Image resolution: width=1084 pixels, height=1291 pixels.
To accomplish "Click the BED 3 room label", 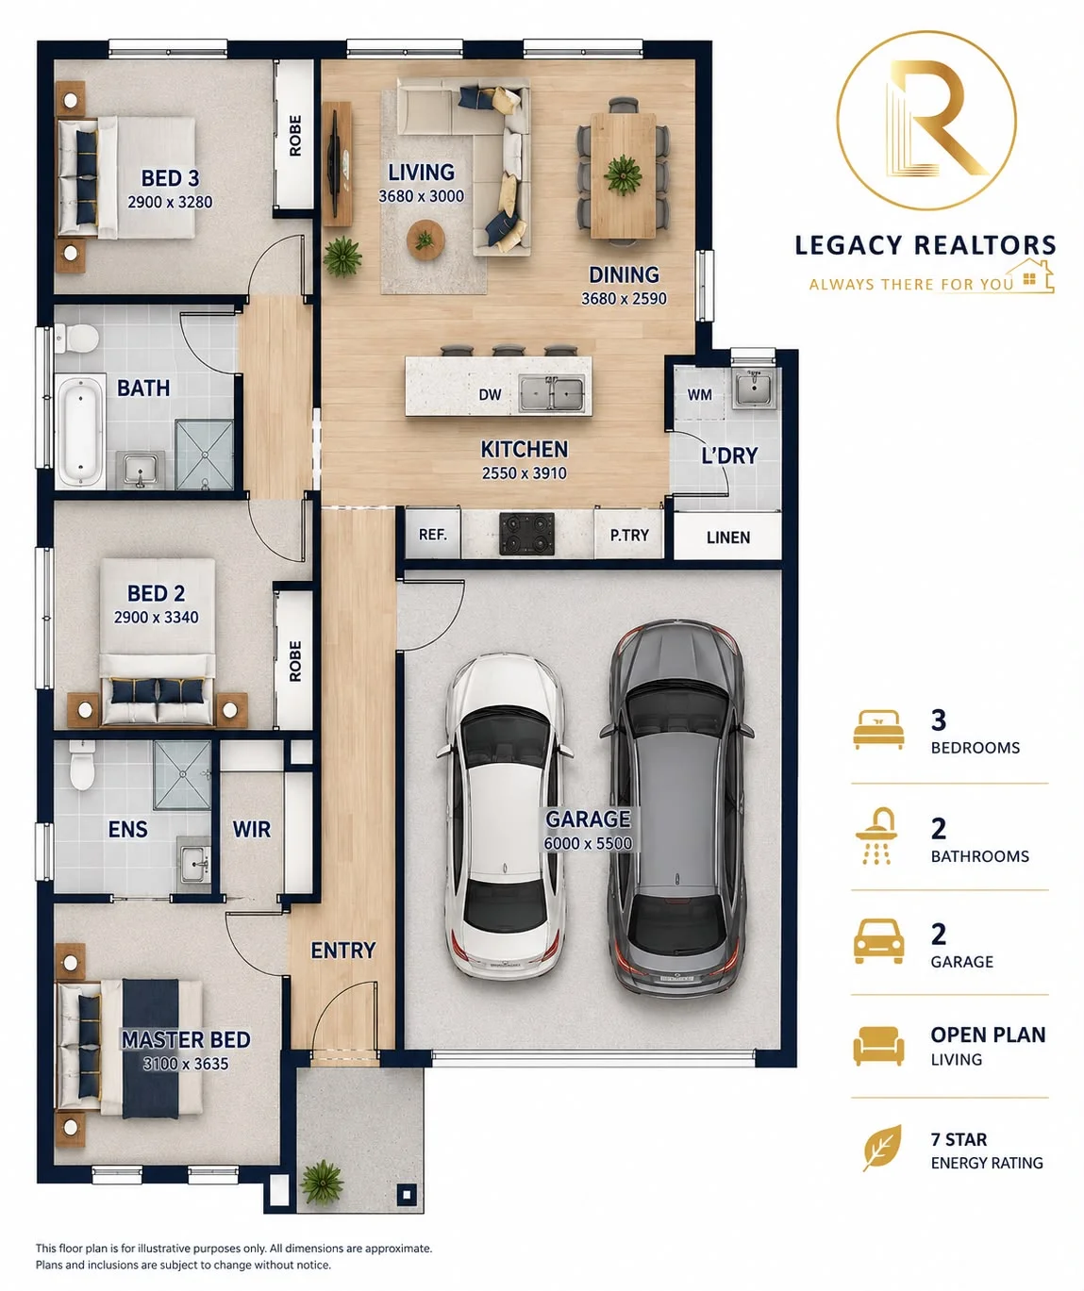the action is click(170, 178).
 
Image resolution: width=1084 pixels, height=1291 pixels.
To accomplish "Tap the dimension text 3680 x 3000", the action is click(422, 196).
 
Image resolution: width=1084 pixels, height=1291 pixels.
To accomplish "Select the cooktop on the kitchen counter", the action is click(526, 533).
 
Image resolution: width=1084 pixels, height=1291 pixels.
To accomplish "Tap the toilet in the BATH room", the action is click(77, 339).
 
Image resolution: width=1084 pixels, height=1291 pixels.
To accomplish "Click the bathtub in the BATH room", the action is click(80, 432).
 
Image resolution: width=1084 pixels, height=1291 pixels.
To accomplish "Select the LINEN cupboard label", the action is click(728, 538).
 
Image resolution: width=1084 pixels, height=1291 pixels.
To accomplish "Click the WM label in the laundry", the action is click(700, 394).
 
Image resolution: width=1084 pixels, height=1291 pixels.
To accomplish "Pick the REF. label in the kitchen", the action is click(432, 534).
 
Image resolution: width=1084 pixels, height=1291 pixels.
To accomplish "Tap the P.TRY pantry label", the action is click(629, 535).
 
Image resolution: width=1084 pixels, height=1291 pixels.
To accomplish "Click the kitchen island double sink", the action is click(552, 394).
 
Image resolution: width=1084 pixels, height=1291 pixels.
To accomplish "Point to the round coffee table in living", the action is click(425, 240).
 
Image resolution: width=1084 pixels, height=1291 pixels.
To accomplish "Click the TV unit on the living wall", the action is click(337, 164).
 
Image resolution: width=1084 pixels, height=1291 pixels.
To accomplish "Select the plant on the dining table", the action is click(623, 175).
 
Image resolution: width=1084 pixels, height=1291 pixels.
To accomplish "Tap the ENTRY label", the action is click(343, 951).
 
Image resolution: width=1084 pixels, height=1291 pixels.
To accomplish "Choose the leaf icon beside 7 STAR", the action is click(883, 1148).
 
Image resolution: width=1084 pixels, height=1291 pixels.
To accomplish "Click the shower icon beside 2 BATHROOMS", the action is click(876, 836).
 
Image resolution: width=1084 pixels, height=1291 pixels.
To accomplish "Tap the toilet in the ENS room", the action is click(82, 766).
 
